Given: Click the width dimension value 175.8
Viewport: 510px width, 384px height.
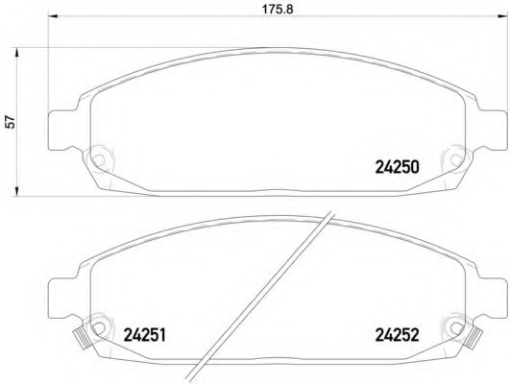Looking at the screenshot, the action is point(278,9).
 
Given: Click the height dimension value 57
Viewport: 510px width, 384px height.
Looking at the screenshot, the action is point(11,122).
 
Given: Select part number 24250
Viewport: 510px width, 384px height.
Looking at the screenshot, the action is point(397,167).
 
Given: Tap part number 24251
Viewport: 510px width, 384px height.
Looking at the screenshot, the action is point(145,335).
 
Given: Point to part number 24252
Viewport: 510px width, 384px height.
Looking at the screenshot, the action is point(397,335).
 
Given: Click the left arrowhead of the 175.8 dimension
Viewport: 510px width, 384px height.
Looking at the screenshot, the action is point(53,16).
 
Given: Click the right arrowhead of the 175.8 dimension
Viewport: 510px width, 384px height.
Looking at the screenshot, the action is point(502,16).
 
